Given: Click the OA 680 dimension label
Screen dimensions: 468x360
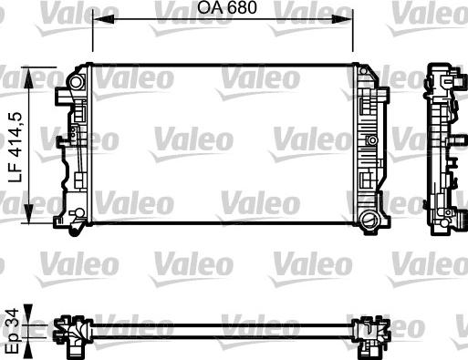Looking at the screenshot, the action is tap(227, 7).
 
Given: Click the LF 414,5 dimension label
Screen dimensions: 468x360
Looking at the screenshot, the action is tap(16, 147).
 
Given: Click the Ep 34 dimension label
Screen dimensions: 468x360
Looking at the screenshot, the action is tap(13, 331).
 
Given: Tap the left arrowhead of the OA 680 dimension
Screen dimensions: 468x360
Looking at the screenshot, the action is tap(103, 19).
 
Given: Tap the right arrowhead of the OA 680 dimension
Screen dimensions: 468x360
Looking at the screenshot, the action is tap(342, 19).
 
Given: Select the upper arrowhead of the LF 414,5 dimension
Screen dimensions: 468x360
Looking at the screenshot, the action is tap(28, 77).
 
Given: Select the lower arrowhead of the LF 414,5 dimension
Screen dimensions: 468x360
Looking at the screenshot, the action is tap(28, 213).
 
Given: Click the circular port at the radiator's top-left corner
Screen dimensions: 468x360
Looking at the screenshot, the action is tap(76, 82).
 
